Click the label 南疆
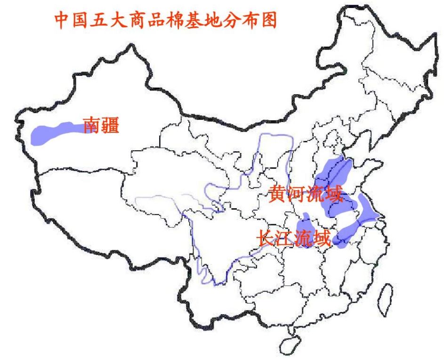tap(101, 125)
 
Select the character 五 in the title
tap(104, 19)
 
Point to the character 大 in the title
tap(125, 19)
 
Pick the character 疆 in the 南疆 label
tap(110, 125)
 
